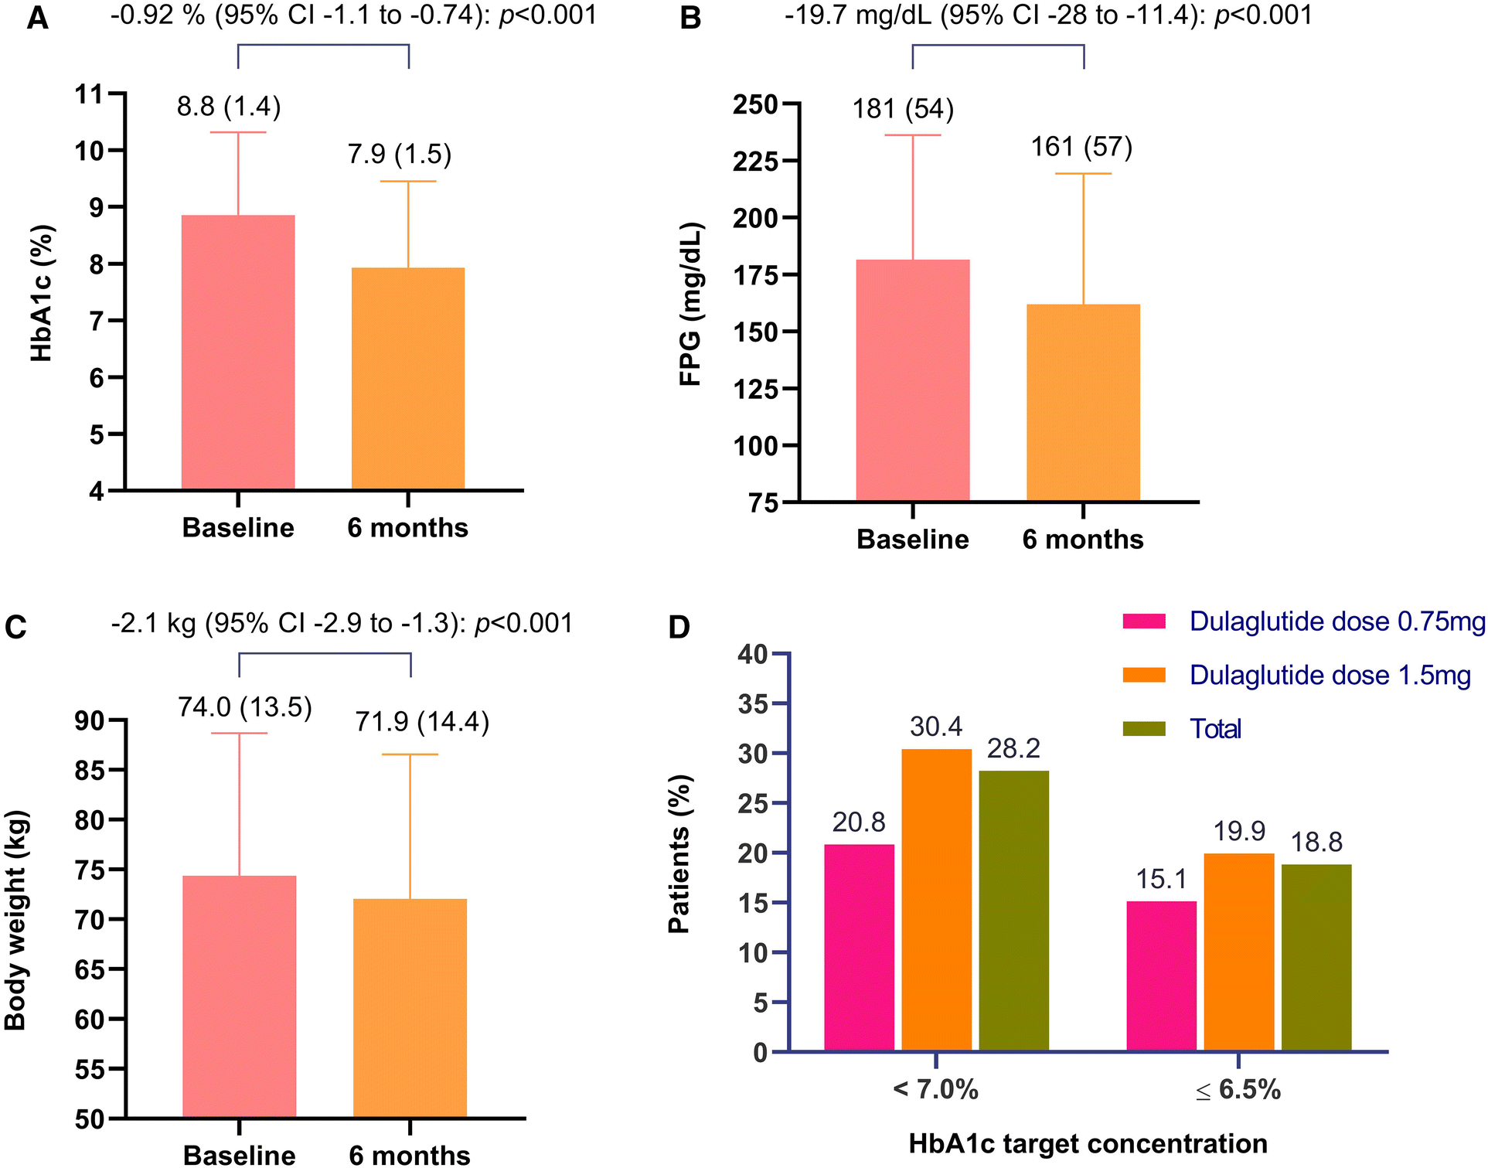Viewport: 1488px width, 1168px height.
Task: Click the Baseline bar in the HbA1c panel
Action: click(238, 352)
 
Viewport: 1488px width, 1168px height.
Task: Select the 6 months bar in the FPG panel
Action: click(1083, 402)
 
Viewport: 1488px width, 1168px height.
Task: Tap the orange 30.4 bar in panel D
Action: click(936, 900)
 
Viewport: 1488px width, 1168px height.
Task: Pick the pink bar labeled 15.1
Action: click(1161, 976)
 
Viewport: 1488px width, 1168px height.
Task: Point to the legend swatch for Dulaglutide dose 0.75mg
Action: click(1144, 621)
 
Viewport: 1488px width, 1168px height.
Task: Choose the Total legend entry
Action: click(1215, 729)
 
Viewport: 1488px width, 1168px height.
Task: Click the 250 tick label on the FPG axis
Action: click(754, 104)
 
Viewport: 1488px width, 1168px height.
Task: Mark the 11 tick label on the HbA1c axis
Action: click(88, 94)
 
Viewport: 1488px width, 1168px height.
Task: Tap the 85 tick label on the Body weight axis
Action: click(90, 770)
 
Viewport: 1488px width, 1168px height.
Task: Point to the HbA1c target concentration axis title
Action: click(1088, 1143)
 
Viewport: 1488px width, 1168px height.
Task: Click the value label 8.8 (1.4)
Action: click(229, 106)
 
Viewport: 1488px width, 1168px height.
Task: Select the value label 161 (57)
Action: click(1081, 146)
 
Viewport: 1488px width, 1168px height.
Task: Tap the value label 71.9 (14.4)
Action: click(422, 722)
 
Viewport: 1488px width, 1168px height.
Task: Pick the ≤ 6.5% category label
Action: click(1238, 1090)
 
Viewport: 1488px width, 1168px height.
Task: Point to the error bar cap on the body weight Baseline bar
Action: click(239, 733)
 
